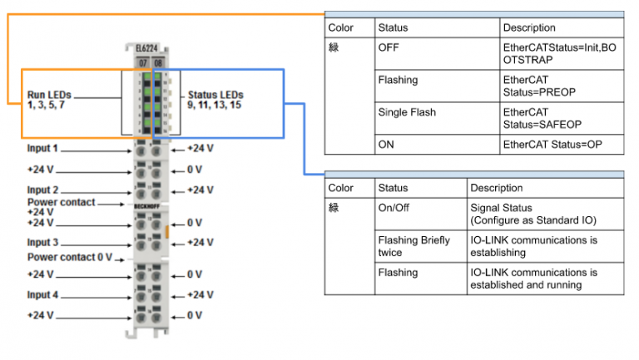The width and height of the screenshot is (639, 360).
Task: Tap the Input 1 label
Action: pos(42,149)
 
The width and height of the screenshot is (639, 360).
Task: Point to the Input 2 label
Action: pos(42,190)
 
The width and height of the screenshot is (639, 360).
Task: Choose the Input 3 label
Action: pos(42,243)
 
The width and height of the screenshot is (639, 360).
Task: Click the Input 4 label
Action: pos(42,295)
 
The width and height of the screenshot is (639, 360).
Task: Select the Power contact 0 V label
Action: pos(69,258)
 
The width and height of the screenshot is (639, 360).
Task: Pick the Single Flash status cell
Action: pos(407,112)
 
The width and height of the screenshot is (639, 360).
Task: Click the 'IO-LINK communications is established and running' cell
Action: pos(533,279)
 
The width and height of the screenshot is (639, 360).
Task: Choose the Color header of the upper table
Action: pos(341,27)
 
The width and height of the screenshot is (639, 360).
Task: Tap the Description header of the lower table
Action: pos(496,188)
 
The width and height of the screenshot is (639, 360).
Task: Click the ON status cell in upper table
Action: pos(387,144)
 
